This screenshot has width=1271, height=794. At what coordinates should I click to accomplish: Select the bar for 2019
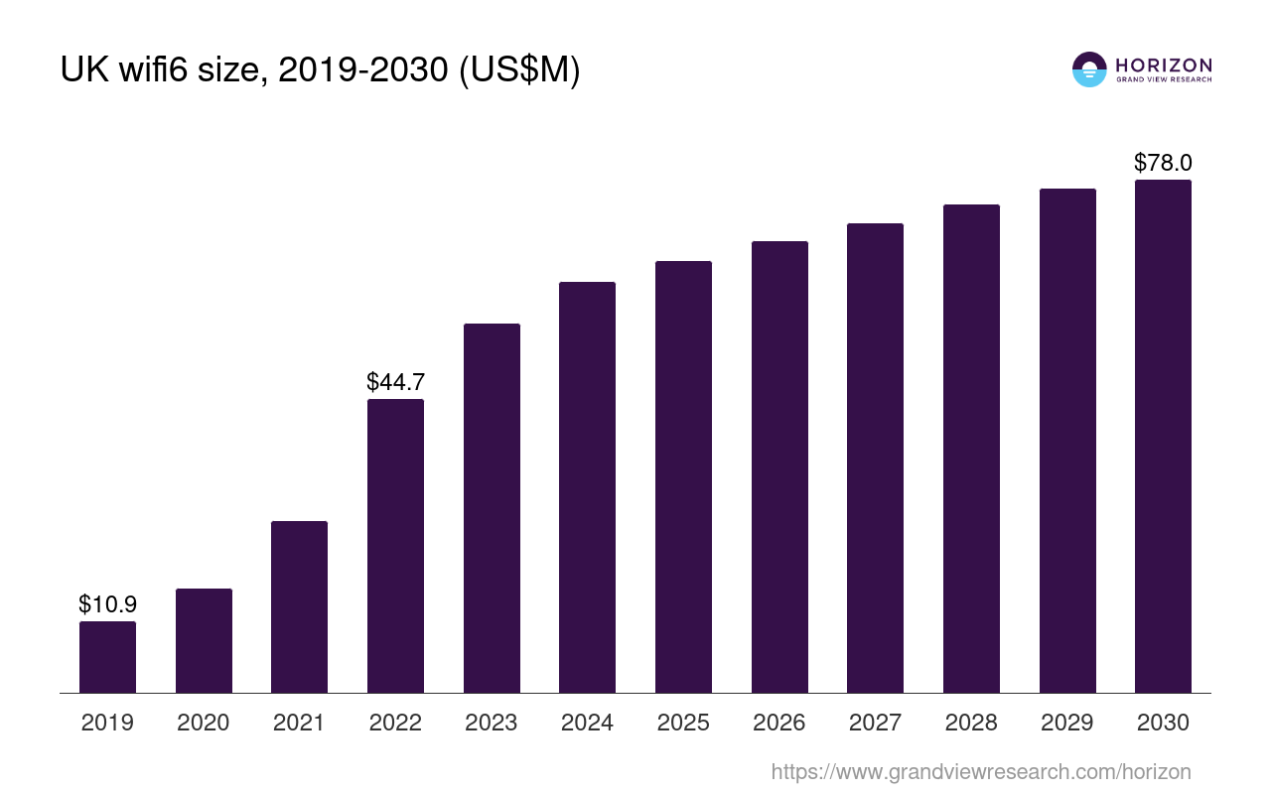[x=107, y=657]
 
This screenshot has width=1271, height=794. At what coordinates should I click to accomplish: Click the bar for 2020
[x=204, y=640]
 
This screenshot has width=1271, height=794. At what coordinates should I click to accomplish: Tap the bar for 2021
[x=299, y=606]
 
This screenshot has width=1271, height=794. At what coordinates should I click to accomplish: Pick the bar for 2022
[x=395, y=546]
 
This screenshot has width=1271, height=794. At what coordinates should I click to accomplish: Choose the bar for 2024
[x=587, y=487]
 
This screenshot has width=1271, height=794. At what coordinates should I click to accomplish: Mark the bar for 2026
[x=779, y=466]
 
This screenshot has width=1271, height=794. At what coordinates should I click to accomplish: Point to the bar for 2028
[x=971, y=449]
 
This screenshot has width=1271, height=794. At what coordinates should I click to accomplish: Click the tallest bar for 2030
[x=1163, y=436]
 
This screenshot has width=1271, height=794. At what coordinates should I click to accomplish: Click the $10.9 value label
[x=107, y=603]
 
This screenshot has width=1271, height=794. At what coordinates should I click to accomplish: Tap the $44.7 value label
[x=395, y=382]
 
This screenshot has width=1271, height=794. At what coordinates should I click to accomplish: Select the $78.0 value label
[x=1163, y=163]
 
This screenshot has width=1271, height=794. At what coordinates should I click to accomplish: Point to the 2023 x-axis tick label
[x=492, y=723]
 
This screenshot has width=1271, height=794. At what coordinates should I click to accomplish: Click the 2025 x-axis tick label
[x=683, y=723]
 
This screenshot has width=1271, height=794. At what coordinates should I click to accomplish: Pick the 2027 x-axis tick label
[x=875, y=723]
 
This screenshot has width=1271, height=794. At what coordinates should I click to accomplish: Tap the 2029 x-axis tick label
[x=1067, y=723]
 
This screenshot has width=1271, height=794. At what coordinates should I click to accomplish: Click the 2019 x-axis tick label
[x=107, y=723]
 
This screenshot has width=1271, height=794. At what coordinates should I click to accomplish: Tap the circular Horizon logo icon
[x=1089, y=69]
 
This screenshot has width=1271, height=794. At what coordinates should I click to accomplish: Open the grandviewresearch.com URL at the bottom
[x=980, y=771]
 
